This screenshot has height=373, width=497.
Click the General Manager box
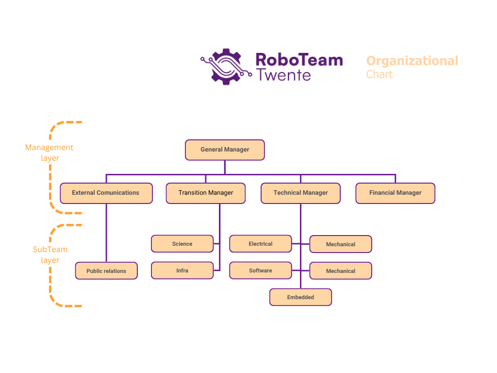click(x=225, y=150)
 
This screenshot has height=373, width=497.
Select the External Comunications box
click(x=106, y=193)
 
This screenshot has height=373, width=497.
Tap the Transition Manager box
click(x=206, y=193)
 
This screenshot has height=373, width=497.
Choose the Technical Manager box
click(x=300, y=193)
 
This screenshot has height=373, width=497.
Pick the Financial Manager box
click(x=395, y=193)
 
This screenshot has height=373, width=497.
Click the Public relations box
click(x=106, y=271)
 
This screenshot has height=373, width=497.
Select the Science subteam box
click(x=182, y=244)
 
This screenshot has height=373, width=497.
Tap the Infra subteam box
click(x=182, y=270)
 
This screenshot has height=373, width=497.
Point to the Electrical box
click(x=261, y=244)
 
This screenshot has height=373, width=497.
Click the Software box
click(x=261, y=270)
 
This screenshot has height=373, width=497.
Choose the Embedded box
click(x=300, y=297)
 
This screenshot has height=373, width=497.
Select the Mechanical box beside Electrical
click(x=341, y=244)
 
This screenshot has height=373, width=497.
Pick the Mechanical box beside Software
click(x=341, y=271)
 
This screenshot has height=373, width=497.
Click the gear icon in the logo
click(x=226, y=67)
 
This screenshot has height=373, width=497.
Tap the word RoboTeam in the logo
click(x=299, y=60)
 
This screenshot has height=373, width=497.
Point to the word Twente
click(x=283, y=75)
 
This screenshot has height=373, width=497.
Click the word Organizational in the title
click(x=412, y=61)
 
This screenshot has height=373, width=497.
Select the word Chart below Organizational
click(x=380, y=74)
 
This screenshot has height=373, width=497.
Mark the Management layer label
click(x=50, y=153)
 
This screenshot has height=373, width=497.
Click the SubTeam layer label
click(x=50, y=254)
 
